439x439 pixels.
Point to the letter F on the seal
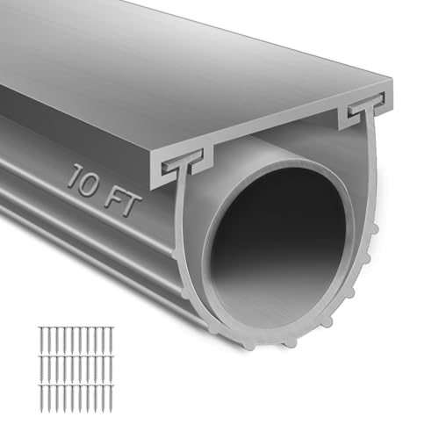pyautogui.click(x=113, y=198)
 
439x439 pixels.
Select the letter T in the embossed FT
pyautogui.click(x=131, y=206)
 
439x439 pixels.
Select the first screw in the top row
pyautogui.click(x=42, y=340)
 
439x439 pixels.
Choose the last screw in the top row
pyautogui.click(x=111, y=340)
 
